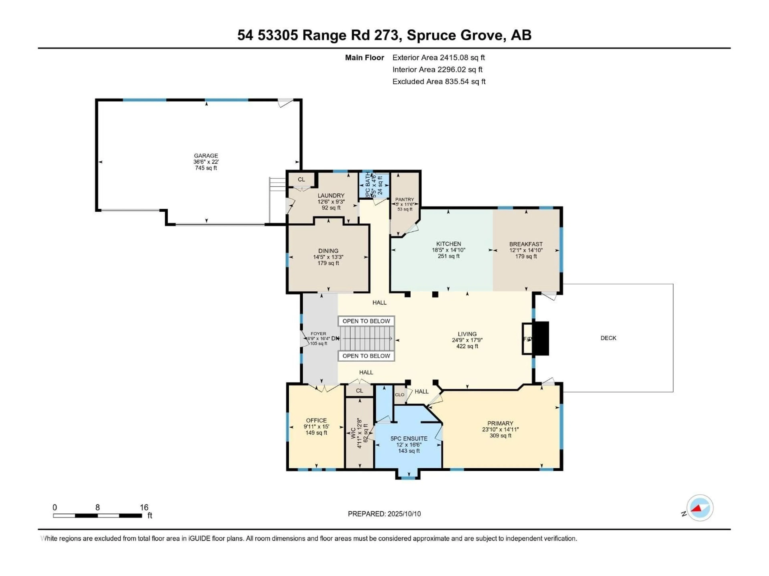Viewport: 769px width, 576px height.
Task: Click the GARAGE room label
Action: [206, 156]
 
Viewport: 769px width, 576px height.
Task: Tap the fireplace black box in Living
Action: [541, 339]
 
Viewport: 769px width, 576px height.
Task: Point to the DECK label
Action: [608, 338]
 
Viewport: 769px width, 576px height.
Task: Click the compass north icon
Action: [700, 508]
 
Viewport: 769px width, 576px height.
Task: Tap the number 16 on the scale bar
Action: [144, 507]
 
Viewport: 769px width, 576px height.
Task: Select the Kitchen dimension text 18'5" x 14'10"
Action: [448, 250]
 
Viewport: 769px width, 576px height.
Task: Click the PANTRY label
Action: [405, 199]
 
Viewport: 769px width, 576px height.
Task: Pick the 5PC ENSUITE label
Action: [409, 439]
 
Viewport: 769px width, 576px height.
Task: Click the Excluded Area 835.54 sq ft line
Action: [439, 82]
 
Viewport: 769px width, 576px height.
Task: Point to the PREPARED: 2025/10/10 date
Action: [384, 514]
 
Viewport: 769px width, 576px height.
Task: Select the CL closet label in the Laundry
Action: [301, 180]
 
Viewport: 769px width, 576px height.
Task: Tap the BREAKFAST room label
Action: [526, 244]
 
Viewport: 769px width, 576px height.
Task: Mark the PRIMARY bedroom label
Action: [500, 423]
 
